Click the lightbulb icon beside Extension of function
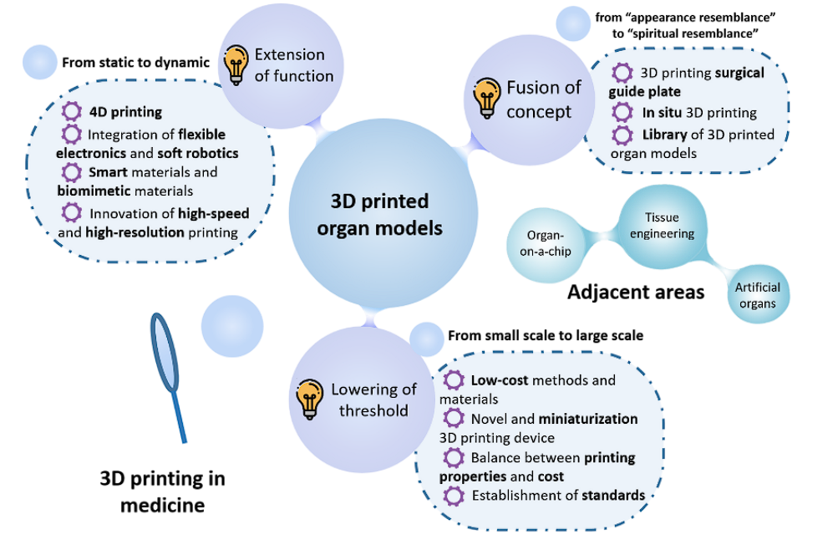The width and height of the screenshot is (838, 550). pos(236,64)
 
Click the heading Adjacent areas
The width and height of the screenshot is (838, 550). pos(635,293)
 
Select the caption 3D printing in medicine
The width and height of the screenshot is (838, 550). pos(162,491)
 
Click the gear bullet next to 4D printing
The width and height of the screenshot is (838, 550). pos(72,111)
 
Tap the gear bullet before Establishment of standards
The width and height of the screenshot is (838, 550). pos(455,496)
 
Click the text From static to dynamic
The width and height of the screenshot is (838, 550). pos(135,62)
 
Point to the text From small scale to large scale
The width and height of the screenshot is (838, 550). pos(546,336)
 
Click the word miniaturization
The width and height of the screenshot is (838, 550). pos(588,419)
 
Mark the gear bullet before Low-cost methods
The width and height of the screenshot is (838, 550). pos(455,380)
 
